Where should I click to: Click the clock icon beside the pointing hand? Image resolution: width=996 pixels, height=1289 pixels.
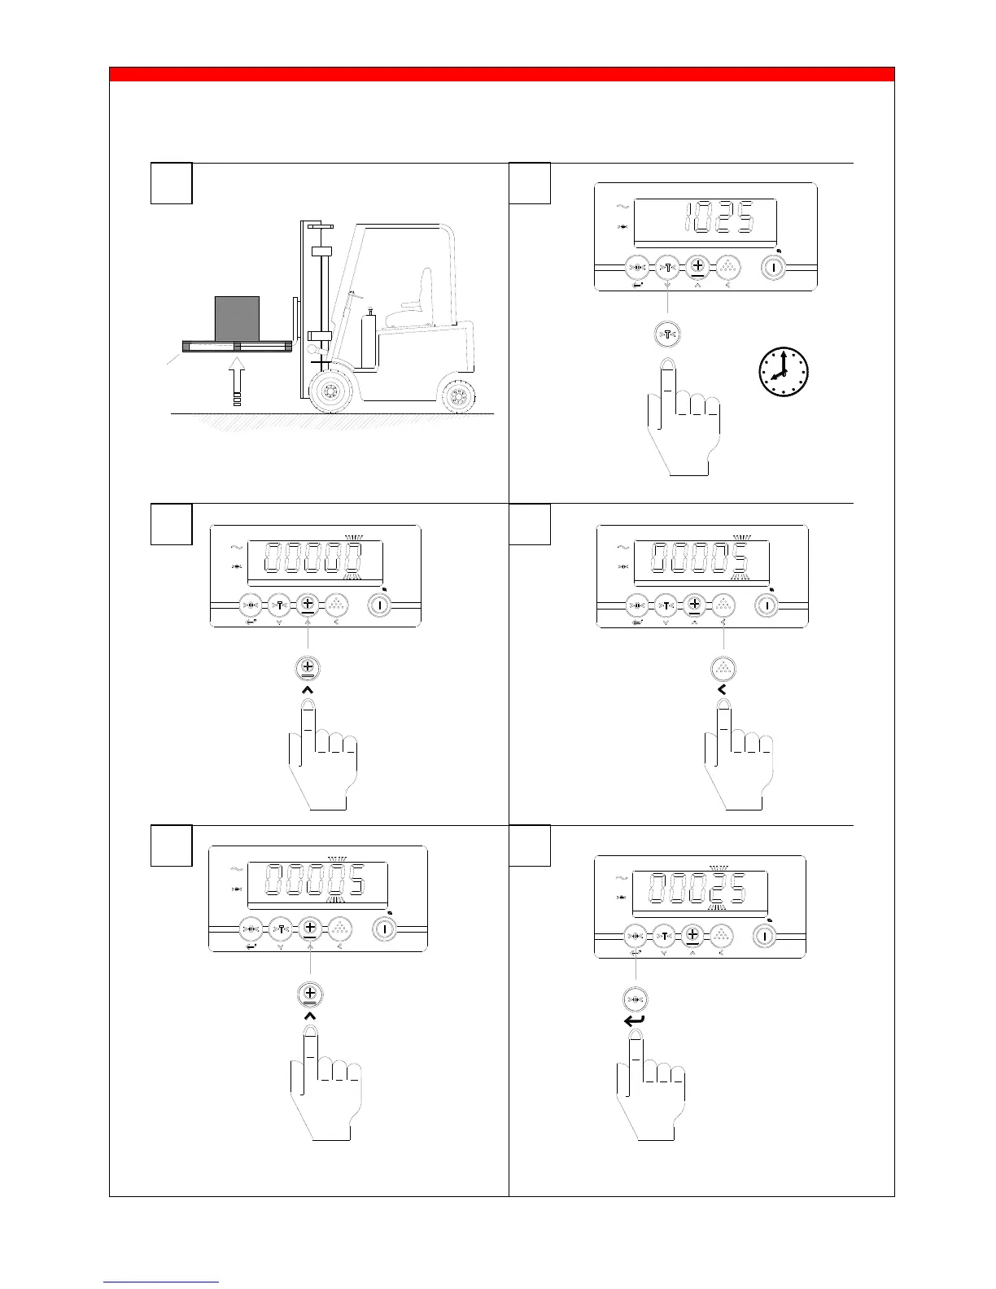click(x=783, y=373)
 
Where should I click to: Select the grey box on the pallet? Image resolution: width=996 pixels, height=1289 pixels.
click(x=237, y=318)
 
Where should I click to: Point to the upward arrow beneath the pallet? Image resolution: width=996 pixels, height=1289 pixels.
click(x=237, y=382)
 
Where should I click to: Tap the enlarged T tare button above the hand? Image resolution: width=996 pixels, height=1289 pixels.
click(x=667, y=334)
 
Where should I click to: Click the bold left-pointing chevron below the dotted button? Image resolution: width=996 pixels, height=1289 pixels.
click(x=722, y=689)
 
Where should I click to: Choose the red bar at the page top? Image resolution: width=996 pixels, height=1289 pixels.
click(x=501, y=75)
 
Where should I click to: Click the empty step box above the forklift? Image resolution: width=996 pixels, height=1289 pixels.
click(x=172, y=183)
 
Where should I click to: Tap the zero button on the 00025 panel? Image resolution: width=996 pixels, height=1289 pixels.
click(x=635, y=936)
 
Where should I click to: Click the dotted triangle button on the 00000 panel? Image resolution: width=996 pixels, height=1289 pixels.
click(x=337, y=605)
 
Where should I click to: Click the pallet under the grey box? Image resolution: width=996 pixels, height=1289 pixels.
click(x=236, y=347)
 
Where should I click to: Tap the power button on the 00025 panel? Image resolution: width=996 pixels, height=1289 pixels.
click(x=764, y=936)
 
